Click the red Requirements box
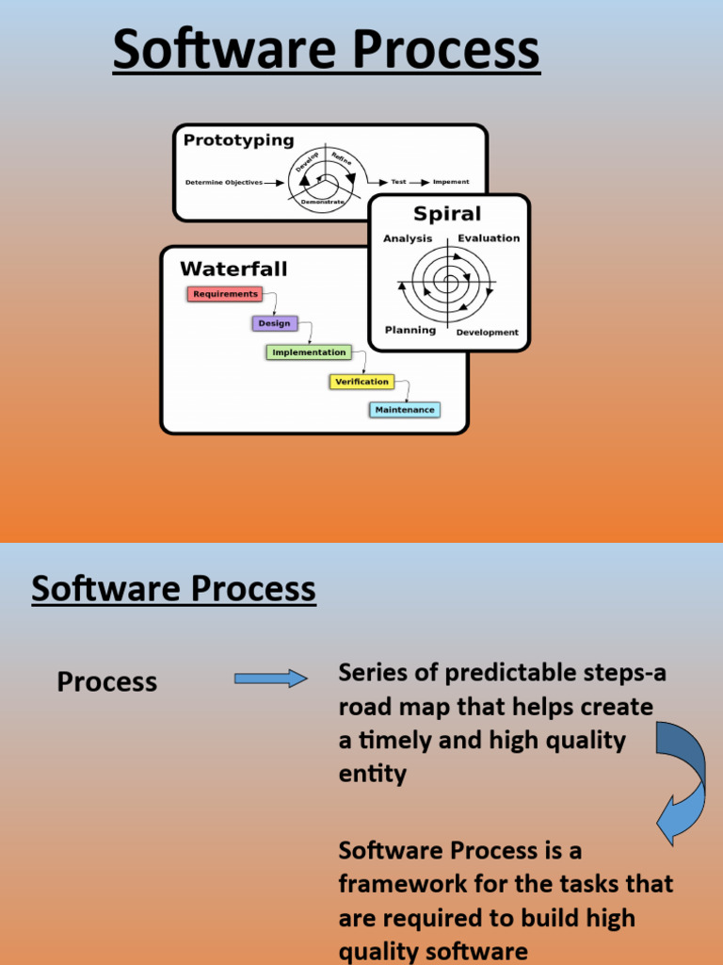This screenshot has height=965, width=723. click(x=224, y=294)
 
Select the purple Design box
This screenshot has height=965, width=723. click(x=274, y=323)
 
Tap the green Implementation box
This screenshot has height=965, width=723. click(x=309, y=352)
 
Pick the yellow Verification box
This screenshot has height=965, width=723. click(x=361, y=382)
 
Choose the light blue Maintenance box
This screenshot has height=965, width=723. click(x=405, y=410)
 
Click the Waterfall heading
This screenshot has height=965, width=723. click(x=233, y=270)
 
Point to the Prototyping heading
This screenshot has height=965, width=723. click(x=238, y=140)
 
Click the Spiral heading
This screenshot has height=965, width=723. click(x=447, y=214)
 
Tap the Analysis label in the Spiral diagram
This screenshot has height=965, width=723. click(x=408, y=238)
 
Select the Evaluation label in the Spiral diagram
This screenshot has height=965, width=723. click(x=489, y=238)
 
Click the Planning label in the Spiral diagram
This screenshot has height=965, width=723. click(x=410, y=331)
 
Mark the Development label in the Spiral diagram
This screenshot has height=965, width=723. click(x=488, y=333)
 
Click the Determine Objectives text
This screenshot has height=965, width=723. click(x=224, y=183)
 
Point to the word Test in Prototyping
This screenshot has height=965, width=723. click(x=399, y=182)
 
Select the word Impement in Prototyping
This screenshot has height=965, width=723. click(x=451, y=182)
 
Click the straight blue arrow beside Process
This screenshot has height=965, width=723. click(x=271, y=679)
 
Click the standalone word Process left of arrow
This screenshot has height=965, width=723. click(x=107, y=681)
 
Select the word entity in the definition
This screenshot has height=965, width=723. click(x=372, y=775)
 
